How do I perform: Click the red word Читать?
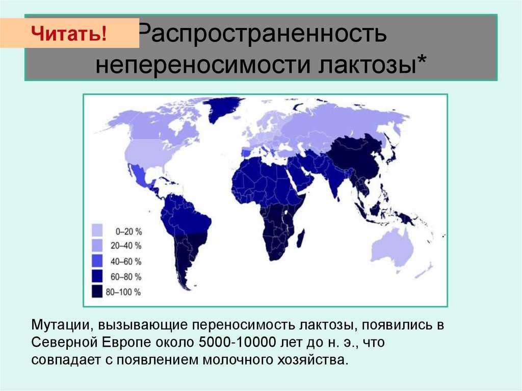69,33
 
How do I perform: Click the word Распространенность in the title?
262,33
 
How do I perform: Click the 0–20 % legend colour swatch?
97,230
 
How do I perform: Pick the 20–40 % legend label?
126,246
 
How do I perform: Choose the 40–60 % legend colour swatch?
97,260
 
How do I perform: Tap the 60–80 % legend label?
126,276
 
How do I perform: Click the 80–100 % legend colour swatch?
97,291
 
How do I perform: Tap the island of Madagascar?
301,239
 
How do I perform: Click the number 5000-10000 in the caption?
238,343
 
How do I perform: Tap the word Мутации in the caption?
61,325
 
